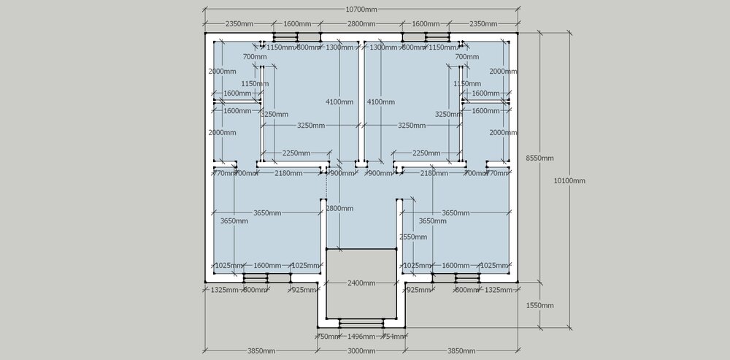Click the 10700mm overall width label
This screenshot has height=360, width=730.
(x=361, y=9)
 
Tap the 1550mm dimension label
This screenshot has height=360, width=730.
(x=539, y=305)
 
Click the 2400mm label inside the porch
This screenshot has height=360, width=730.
(x=361, y=283)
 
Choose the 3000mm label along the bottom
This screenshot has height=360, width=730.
(x=361, y=351)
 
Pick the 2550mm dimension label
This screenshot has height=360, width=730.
(x=412, y=237)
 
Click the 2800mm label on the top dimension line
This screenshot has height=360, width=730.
(x=361, y=24)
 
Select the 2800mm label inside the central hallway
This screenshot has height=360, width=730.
(x=339, y=209)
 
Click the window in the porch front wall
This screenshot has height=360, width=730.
(x=361, y=322)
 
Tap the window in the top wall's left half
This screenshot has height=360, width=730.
(x=297, y=37)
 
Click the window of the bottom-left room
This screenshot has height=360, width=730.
(x=266, y=277)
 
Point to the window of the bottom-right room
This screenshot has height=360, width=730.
(x=456, y=277)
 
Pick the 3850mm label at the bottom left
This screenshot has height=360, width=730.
(x=261, y=351)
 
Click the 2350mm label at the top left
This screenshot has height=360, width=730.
(x=239, y=24)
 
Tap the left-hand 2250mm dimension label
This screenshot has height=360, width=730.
(x=297, y=153)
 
